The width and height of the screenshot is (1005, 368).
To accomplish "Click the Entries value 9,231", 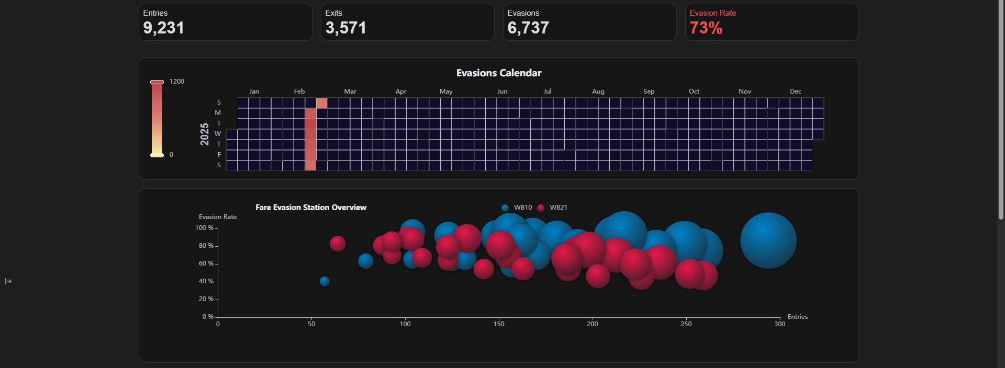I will [x=163, y=28].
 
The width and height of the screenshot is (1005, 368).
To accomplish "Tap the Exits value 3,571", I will [x=345, y=28].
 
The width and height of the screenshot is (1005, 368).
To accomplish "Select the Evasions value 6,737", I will [x=528, y=28].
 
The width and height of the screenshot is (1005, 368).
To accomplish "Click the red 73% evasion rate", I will [x=706, y=28].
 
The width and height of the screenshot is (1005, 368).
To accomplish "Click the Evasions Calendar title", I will [x=498, y=73].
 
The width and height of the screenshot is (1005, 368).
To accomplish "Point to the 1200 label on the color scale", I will [x=177, y=82].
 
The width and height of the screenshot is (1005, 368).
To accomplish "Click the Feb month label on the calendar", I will [x=299, y=91].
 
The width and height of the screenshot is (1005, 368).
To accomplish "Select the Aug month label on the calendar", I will [x=598, y=91].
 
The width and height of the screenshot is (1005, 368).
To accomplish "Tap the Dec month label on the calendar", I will [x=795, y=91].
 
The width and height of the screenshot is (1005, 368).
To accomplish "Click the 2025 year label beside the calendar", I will [x=205, y=134].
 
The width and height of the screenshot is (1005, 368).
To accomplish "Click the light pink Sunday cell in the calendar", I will [x=321, y=103].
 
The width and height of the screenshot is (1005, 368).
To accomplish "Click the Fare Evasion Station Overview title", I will [x=310, y=208].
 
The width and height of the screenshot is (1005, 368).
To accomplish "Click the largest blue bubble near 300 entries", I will [x=768, y=240].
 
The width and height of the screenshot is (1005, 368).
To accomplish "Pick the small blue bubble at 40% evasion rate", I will [x=325, y=281].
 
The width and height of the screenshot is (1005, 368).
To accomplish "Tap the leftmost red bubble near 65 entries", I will [x=338, y=244].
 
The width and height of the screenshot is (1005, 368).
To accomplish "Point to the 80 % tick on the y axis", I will [x=206, y=246].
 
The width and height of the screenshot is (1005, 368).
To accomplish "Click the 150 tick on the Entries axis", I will [x=498, y=324].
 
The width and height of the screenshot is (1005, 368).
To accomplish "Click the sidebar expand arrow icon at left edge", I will [x=8, y=281].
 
